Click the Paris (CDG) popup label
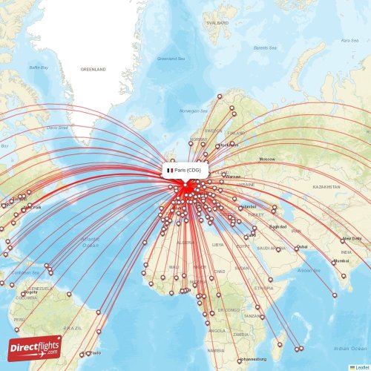point(184,171)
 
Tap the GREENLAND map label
point(94,69)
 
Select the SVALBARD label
point(217,23)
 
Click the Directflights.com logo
point(35,347)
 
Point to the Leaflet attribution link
point(360,367)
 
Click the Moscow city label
point(266,160)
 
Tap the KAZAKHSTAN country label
point(326,187)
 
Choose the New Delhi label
point(352,239)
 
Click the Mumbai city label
point(341,261)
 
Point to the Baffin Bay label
point(39,68)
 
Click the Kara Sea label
point(349,40)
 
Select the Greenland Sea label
point(171,58)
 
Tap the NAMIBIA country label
point(215,349)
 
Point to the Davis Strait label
point(57,128)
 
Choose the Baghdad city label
point(278,226)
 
